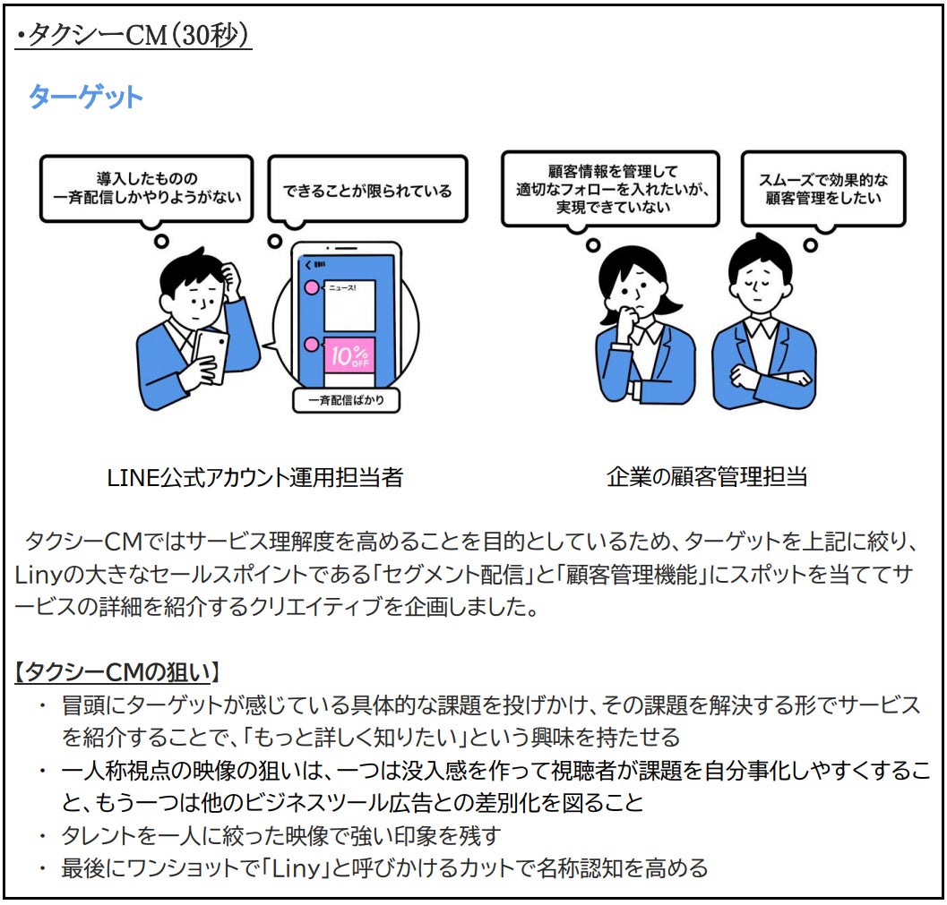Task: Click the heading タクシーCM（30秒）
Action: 134,35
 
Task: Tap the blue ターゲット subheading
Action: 85,97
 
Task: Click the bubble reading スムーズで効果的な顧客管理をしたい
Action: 823,189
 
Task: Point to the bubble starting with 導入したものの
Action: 146,187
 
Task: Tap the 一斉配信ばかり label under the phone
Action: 346,400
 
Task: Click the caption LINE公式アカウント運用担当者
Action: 254,477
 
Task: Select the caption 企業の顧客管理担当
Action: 707,477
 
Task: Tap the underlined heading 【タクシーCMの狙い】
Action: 118,671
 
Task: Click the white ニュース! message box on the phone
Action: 348,303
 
